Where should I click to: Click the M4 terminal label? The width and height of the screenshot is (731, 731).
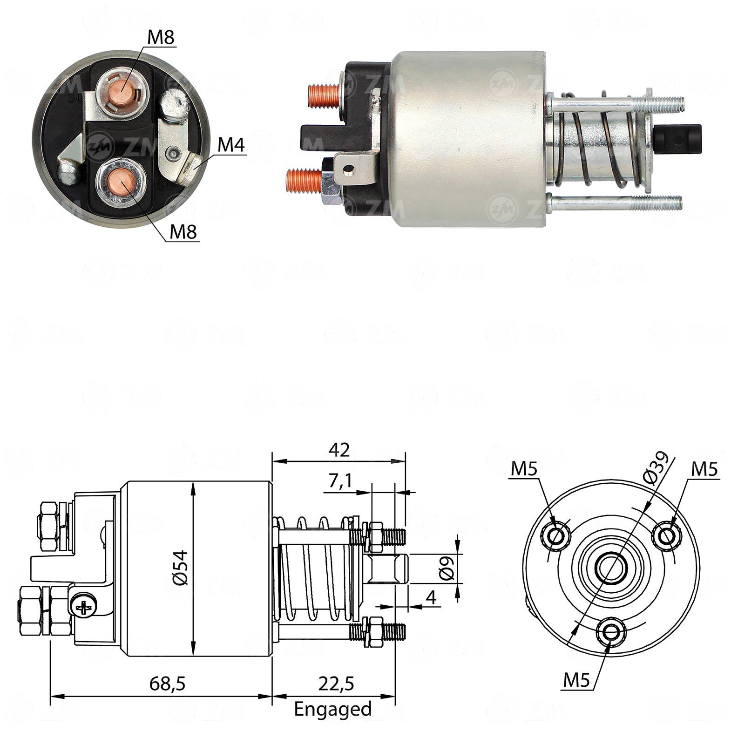coord(231,145)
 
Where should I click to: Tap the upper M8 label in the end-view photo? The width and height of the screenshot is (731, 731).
coord(161,37)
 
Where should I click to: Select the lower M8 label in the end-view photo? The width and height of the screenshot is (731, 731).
coord(183,231)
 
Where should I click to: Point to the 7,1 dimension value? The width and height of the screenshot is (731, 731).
coord(341,482)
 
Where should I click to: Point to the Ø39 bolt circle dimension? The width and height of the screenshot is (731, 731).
coord(656,468)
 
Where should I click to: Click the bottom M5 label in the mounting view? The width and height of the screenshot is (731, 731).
coord(576,680)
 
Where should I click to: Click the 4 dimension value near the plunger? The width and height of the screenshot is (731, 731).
coord(432,597)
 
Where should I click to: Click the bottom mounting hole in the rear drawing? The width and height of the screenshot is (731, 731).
coord(610,632)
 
